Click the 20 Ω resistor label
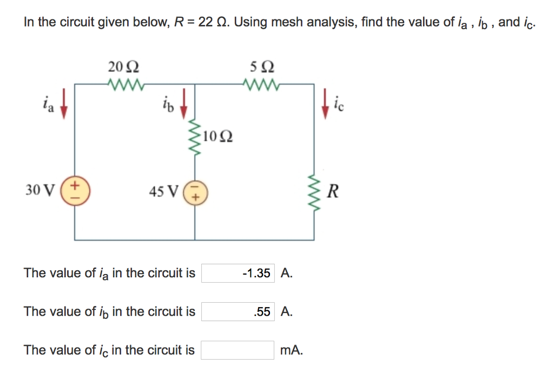[123, 68]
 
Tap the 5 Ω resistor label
[262, 68]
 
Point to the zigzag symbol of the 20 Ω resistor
[123, 84]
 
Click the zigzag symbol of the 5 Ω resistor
[262, 84]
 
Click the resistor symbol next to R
[314, 191]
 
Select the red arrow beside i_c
[326, 106]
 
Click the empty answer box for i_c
[238, 350]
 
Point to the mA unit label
[292, 350]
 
